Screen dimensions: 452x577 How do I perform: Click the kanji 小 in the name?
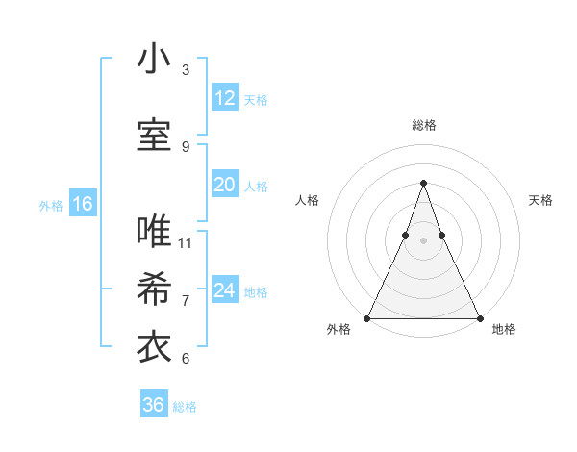(154, 59)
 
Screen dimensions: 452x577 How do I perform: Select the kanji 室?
(154, 136)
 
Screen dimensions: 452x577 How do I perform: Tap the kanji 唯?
(154, 232)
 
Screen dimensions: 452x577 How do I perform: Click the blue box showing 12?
(224, 97)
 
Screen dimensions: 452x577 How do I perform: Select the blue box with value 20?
(224, 185)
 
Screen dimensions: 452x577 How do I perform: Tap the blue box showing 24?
(224, 290)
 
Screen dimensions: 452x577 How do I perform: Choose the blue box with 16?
(82, 204)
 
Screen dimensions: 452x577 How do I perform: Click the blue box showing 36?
(154, 405)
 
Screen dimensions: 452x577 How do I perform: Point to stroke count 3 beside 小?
(186, 69)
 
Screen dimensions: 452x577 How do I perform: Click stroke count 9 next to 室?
(186, 146)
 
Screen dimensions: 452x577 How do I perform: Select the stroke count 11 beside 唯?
(186, 242)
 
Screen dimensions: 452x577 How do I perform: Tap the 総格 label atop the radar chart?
(423, 125)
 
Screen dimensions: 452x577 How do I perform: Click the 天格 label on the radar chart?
(540, 200)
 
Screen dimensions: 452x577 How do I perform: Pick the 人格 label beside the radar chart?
(307, 200)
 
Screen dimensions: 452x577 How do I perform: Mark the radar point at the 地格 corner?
(480, 317)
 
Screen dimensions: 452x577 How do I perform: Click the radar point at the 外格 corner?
(366, 317)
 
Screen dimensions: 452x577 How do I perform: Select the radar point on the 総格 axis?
(423, 183)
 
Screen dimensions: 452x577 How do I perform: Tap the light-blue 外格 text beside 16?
(50, 205)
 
